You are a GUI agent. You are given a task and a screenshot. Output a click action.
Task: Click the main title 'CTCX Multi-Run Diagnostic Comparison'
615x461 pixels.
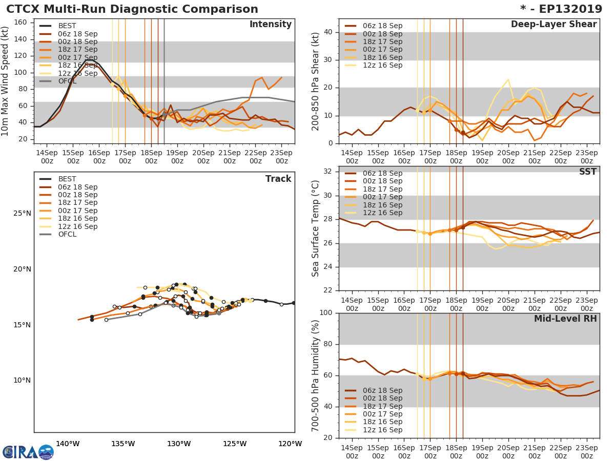click(132, 9)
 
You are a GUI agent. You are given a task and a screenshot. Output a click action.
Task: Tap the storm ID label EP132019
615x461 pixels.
click(566, 9)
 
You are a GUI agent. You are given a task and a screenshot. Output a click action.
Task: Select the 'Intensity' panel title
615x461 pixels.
click(270, 25)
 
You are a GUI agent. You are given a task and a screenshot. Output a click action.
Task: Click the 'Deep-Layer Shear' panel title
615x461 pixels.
click(553, 25)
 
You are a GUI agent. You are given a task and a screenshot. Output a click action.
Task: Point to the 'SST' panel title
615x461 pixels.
click(587, 172)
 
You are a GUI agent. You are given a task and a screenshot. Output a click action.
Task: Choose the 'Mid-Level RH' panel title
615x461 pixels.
click(565, 319)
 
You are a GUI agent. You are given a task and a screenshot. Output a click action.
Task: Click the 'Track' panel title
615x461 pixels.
click(278, 179)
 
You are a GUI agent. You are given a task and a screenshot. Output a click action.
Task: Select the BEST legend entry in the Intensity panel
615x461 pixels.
click(67, 26)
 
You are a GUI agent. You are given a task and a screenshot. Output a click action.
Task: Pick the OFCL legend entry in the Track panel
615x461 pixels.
click(67, 235)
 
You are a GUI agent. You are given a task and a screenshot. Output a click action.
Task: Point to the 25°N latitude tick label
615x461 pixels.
click(22, 214)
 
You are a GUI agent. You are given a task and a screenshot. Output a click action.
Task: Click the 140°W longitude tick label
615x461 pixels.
click(68, 444)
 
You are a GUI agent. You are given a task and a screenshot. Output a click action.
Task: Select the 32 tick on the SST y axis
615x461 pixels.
click(329, 172)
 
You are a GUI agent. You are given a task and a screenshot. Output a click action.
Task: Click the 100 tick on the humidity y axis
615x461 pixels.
click(326, 313)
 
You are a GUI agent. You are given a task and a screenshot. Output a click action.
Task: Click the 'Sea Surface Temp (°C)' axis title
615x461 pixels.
click(316, 229)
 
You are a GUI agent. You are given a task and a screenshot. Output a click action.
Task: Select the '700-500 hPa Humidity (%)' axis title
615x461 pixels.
click(316, 375)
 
